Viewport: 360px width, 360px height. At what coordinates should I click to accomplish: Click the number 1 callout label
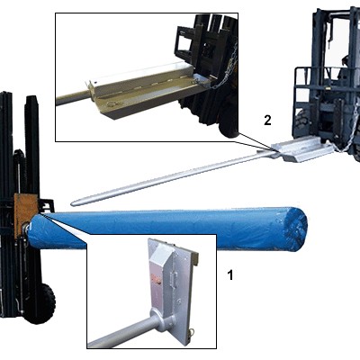click(x=230, y=274)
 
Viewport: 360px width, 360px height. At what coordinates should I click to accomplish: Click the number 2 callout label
click(x=267, y=121)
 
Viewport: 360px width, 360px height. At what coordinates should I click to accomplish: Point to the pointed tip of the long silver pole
click(x=72, y=203)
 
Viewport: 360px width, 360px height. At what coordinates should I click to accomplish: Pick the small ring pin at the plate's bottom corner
click(x=192, y=332)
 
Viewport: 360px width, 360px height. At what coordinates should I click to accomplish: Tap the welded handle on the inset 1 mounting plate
click(x=173, y=280)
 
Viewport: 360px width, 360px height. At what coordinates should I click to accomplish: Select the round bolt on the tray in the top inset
click(x=112, y=104)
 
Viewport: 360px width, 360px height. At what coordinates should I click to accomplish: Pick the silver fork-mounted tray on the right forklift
click(x=302, y=148)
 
